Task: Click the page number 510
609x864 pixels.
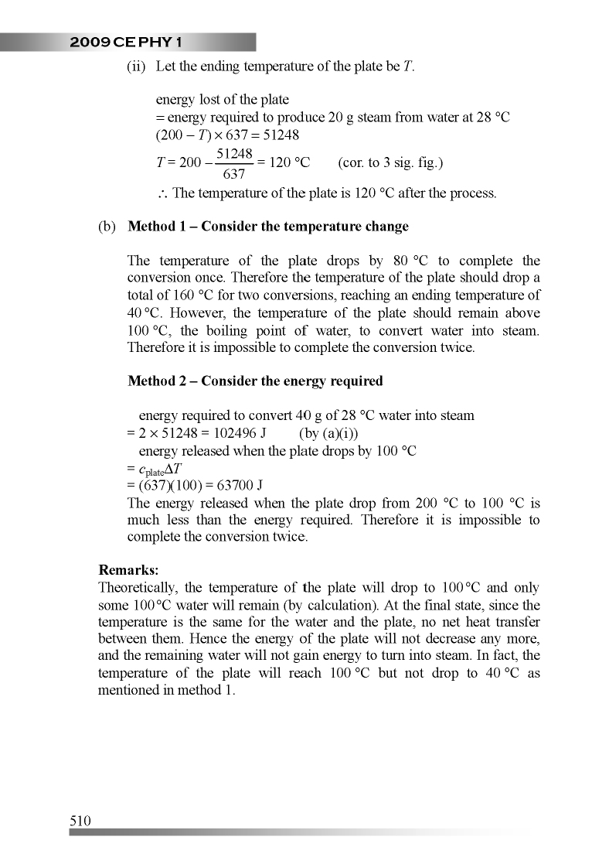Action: pos(80,821)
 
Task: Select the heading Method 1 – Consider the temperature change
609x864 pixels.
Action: pos(267,227)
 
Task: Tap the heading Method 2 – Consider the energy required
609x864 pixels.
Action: pos(254,381)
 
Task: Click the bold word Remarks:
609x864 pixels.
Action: pos(128,570)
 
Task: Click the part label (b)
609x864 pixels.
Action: pos(107,227)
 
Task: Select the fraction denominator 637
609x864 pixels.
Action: pos(233,174)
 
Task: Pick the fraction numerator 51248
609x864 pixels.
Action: pos(233,154)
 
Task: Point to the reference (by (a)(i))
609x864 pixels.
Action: pos(328,433)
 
